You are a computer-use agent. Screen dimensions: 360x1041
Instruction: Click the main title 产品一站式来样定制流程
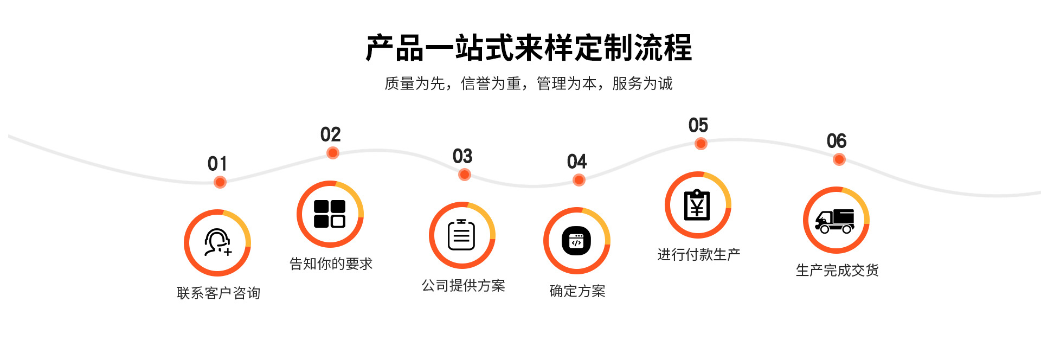pos(529,48)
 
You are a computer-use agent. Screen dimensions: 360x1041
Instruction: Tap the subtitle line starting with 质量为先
pos(529,83)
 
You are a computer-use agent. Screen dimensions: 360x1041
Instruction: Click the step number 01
pos(217,164)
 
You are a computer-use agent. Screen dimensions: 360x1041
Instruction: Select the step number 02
pos(330,134)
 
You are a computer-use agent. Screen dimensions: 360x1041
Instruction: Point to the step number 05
pos(698,125)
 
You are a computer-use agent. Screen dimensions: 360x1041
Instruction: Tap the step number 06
pos(837,141)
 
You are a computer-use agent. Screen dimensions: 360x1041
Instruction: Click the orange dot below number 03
pos(464,175)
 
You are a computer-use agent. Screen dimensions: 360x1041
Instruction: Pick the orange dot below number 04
pos(579,180)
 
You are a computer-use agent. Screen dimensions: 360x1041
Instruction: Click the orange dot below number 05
pos(701,144)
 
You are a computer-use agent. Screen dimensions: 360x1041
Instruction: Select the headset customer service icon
pos(217,242)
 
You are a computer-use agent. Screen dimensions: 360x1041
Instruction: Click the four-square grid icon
pos(330,214)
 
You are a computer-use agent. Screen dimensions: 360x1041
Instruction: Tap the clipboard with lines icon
pos(462,235)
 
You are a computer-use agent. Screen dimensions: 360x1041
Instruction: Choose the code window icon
pos(576,241)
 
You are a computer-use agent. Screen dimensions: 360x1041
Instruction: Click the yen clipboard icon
pos(697,205)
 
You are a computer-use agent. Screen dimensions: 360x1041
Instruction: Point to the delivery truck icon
pos(836,220)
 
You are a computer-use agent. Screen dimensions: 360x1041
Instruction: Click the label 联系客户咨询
pos(219,293)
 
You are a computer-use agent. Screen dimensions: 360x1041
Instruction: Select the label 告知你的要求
pos(331,264)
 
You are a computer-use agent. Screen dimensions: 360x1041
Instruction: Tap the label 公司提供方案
pos(464,286)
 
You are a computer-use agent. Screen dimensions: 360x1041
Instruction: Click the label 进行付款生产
pos(699,255)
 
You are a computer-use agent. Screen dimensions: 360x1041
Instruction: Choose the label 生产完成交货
pos(837,271)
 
